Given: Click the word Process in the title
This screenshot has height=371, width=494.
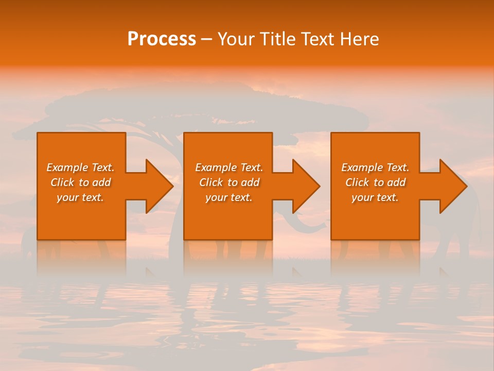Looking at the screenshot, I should click(x=162, y=39).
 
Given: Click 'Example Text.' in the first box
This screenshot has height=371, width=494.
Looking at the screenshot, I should click(x=80, y=167).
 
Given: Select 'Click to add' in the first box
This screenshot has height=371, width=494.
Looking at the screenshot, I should click(x=80, y=182).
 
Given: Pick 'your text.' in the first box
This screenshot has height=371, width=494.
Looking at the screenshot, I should click(x=80, y=197).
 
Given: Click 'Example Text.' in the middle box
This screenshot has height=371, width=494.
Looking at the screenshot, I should click(x=229, y=167).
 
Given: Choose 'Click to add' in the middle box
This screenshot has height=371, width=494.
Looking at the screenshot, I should click(x=229, y=182).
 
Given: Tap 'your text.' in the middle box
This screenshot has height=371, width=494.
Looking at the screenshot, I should click(x=229, y=197).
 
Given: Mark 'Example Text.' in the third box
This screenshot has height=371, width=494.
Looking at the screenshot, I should click(x=375, y=167).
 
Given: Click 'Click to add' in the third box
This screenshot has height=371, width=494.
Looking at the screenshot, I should click(x=375, y=182).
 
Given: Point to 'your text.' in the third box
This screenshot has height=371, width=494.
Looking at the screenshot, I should click(x=375, y=197).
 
